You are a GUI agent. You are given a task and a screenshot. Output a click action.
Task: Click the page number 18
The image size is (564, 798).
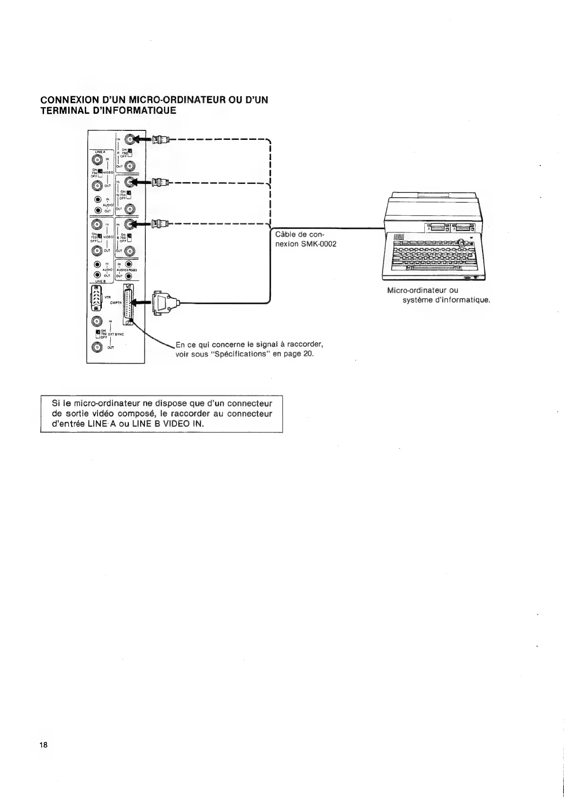[x=44, y=744]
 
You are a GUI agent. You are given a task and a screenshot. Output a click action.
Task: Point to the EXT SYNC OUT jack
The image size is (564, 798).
[x=98, y=348]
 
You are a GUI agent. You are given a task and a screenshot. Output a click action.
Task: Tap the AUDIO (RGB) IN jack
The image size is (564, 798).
[x=128, y=264]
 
